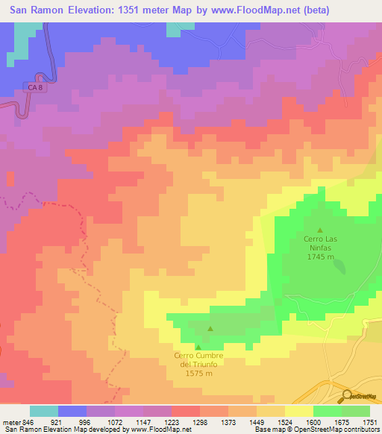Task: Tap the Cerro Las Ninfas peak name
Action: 321,244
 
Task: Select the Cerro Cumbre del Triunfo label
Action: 198,360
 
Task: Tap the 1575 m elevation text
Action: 198,374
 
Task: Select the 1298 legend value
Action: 199,422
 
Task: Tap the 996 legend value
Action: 87,422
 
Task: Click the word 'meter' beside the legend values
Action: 11,422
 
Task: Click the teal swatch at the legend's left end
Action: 44,411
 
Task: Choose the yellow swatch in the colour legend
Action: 298,411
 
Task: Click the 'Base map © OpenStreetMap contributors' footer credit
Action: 316,430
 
